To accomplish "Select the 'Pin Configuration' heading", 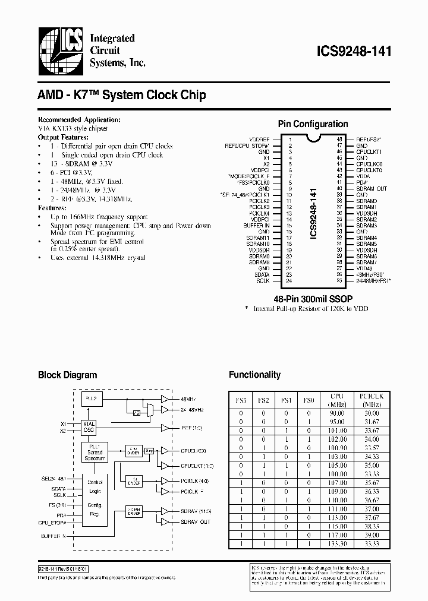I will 313,124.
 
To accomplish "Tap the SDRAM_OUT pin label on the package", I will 372,188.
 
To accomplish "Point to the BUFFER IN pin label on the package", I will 256,226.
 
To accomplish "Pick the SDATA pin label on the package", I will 261,274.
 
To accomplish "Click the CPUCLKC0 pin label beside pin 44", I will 369,163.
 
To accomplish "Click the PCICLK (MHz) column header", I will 372,399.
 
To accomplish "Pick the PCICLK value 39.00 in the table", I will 372,534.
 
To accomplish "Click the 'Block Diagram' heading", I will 67,375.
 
